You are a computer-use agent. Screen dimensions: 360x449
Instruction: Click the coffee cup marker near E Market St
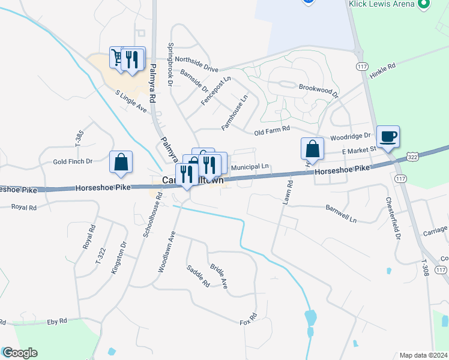388,136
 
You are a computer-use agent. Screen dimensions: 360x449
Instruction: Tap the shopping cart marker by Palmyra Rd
118,58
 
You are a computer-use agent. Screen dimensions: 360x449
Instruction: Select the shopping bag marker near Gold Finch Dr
121,162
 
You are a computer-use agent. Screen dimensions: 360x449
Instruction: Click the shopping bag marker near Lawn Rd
312,149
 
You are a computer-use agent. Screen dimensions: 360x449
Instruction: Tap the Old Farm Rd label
272,130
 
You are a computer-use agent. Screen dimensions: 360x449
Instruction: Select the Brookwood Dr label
319,91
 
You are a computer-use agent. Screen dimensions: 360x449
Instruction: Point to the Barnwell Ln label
341,214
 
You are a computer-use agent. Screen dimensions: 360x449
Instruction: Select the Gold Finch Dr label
72,161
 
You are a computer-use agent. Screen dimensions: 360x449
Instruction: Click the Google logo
20,353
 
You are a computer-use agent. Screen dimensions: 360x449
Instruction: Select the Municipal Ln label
249,167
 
